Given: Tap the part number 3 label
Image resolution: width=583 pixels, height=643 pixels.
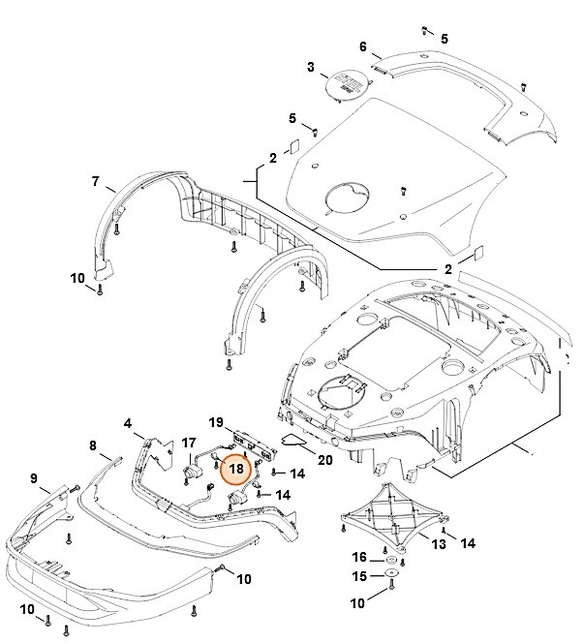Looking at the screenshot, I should [311, 67].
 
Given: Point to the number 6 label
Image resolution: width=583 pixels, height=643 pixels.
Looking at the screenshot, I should [362, 46].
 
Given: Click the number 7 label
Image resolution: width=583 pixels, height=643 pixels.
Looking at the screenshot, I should [96, 181].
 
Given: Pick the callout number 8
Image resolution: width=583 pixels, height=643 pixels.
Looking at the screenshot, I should [93, 445].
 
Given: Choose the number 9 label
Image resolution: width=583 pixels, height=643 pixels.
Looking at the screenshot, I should [33, 478].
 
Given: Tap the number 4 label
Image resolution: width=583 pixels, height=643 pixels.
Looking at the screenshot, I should [127, 423].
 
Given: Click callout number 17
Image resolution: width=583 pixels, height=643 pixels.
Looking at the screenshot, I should [190, 443].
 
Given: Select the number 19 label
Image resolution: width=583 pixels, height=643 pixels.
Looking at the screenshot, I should [218, 422].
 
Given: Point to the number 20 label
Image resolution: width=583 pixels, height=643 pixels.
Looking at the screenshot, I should [324, 459].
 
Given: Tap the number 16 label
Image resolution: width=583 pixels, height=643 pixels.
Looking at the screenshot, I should [359, 558].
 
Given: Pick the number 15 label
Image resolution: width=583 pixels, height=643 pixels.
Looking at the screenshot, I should [359, 577].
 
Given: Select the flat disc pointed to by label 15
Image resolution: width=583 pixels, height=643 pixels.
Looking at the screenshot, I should [391, 578].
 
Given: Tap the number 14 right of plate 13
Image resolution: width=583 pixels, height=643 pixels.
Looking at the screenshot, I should [468, 543].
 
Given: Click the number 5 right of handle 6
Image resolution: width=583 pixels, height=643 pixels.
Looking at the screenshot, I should [445, 38].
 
